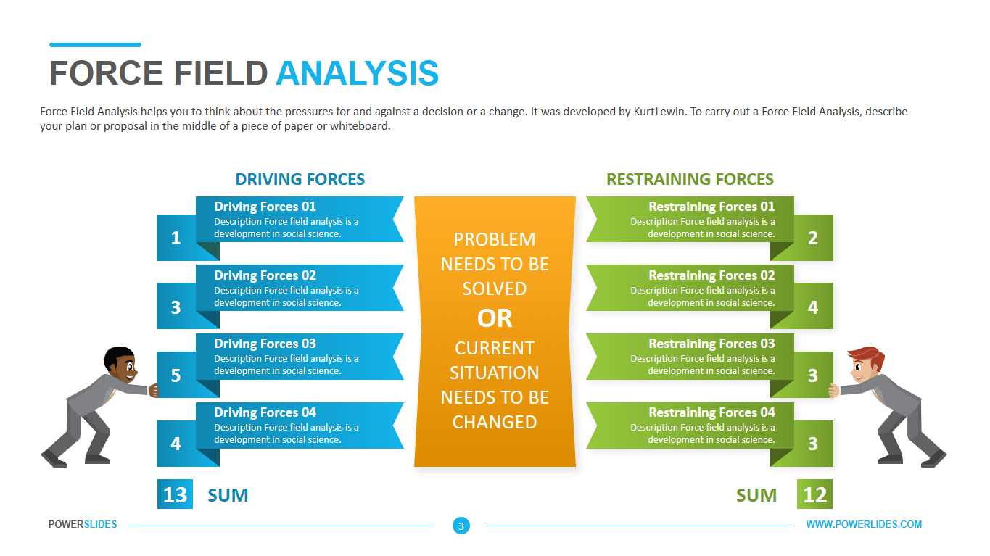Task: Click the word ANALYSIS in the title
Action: click(x=357, y=73)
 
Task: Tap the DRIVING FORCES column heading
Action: click(x=300, y=179)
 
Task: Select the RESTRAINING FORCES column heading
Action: click(x=690, y=179)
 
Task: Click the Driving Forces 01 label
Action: click(x=265, y=207)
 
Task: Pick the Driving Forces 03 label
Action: click(x=265, y=344)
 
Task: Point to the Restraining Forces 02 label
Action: click(x=711, y=275)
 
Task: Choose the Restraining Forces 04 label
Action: click(x=711, y=412)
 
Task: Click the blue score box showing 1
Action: click(x=176, y=238)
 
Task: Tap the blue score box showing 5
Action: click(x=176, y=375)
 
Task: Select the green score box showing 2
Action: click(x=813, y=238)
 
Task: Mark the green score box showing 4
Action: click(x=813, y=307)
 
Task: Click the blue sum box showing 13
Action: click(x=175, y=494)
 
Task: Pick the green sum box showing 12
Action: click(x=815, y=494)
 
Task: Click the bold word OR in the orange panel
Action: click(x=495, y=318)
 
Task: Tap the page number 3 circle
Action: click(x=461, y=526)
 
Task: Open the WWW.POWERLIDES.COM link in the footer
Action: click(x=864, y=524)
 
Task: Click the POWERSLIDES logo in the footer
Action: click(x=83, y=524)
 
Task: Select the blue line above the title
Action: click(x=95, y=45)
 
